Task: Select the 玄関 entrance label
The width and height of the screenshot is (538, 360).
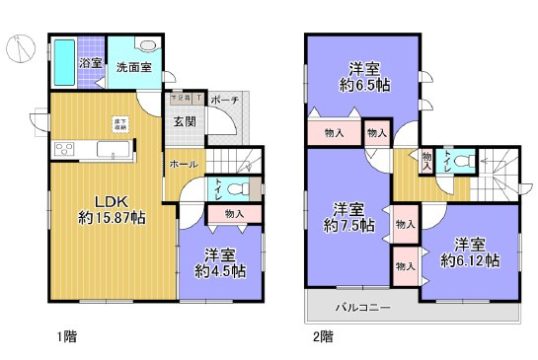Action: click(x=185, y=122)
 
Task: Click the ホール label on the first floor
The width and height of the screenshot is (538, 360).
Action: click(x=184, y=164)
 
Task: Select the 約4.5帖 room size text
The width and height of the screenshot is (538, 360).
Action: click(x=220, y=270)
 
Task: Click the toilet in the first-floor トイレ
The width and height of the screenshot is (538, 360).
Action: click(x=237, y=189)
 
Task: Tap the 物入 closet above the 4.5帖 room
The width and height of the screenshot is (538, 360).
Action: click(x=235, y=214)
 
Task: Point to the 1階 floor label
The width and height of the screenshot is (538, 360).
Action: click(x=66, y=336)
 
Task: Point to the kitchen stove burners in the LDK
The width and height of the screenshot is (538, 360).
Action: click(x=63, y=150)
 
